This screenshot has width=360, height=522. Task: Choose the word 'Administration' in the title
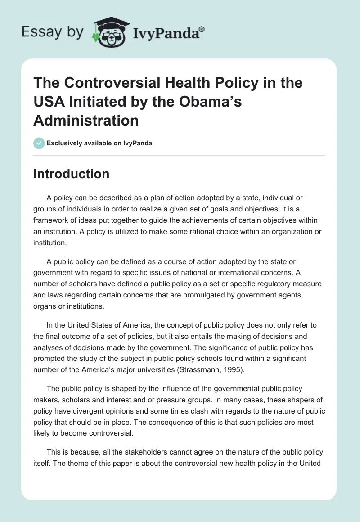pyautogui.click(x=86, y=121)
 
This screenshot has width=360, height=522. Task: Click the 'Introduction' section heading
pyautogui.click(x=71, y=174)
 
